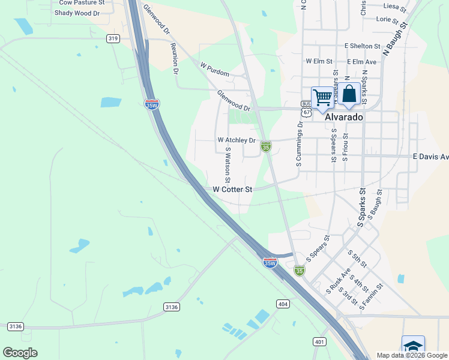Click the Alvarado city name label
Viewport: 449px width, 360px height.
(344, 118)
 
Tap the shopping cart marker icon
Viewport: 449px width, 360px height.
(323, 97)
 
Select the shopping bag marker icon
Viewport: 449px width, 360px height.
(349, 94)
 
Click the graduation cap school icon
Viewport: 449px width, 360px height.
(413, 347)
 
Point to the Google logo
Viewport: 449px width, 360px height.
(20, 353)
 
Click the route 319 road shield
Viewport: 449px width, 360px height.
(112, 38)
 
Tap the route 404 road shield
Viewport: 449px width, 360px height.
(283, 304)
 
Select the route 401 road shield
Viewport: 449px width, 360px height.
(319, 341)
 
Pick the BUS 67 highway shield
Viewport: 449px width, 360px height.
(306, 108)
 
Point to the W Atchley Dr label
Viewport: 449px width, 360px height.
(237, 140)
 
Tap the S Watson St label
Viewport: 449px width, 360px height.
(228, 166)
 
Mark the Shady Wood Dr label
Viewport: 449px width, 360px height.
(76, 13)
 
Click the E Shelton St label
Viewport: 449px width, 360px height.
(362, 46)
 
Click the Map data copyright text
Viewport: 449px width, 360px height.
(412, 355)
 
